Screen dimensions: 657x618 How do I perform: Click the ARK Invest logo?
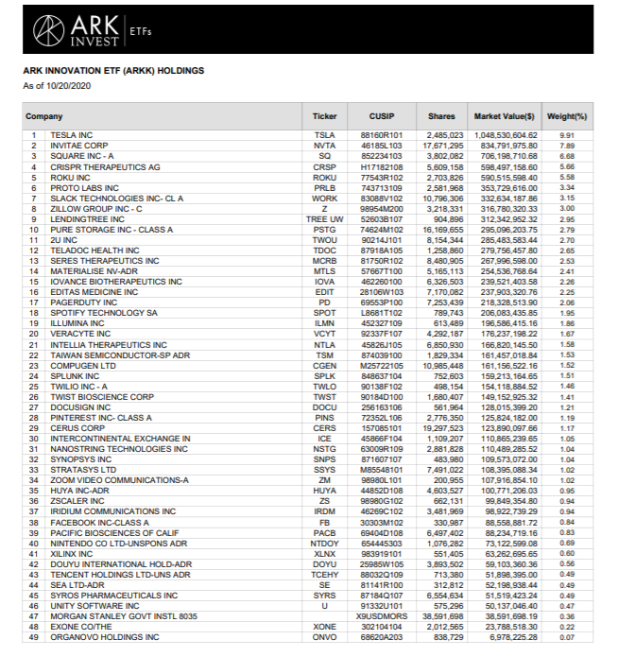[79, 32]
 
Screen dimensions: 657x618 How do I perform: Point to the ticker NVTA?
[324, 146]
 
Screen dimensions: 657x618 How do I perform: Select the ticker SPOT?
[324, 312]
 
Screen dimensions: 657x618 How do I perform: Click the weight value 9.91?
[567, 135]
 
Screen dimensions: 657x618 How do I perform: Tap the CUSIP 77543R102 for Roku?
[382, 177]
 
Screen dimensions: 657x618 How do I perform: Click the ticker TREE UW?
[324, 218]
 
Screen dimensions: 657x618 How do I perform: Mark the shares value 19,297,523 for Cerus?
[441, 428]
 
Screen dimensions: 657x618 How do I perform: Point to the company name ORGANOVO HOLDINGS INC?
[104, 636]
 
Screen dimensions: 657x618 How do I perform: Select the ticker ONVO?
[324, 636]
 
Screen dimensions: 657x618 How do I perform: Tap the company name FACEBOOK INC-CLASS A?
[99, 522]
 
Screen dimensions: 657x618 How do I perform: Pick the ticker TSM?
[324, 354]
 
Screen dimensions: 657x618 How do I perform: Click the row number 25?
[36, 386]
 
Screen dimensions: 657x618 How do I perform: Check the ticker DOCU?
[324, 406]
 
